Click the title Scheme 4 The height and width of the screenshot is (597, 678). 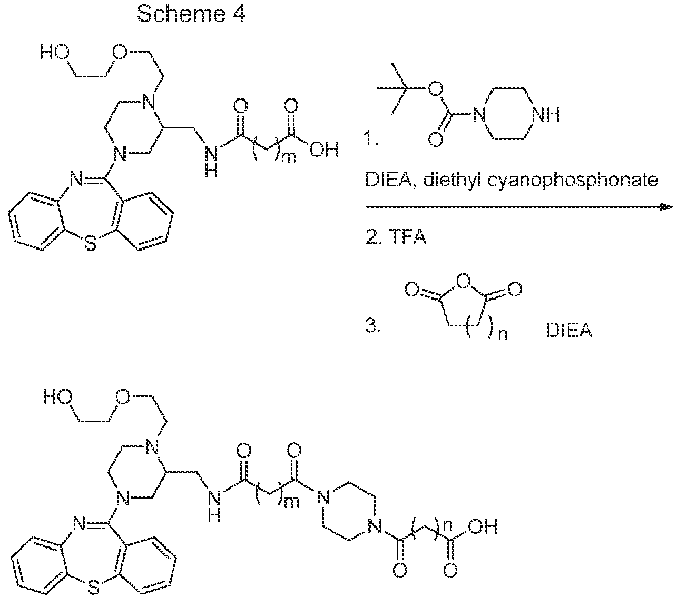point(191,14)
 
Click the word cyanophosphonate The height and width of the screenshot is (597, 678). point(573,181)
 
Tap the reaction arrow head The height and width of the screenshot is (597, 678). point(665,207)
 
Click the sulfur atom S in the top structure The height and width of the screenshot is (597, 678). point(91,244)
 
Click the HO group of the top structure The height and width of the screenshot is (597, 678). point(55,53)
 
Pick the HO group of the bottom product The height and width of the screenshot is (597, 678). point(58,397)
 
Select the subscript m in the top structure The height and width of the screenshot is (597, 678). point(289,158)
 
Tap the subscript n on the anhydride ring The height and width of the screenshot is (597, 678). point(503,334)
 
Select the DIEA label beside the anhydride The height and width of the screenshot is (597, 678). point(569,331)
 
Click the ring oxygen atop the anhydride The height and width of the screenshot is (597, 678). point(464,282)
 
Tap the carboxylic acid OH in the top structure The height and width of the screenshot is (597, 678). point(324,150)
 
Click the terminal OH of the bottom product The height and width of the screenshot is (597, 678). point(483,528)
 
